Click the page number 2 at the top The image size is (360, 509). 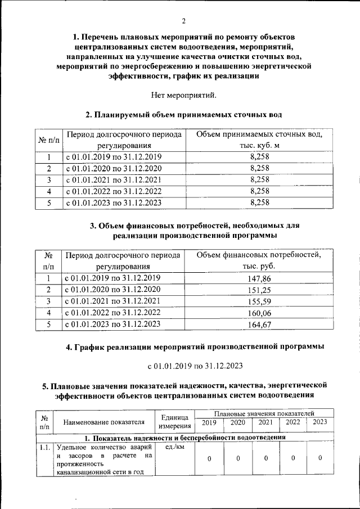tap(183, 21)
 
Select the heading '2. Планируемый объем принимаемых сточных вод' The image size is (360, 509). tap(183, 115)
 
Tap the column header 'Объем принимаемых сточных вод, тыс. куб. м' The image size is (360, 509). tap(259, 140)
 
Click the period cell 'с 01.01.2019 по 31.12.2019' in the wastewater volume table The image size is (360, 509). tap(114, 157)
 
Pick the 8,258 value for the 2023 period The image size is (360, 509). tap(259, 202)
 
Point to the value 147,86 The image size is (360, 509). tap(259, 278)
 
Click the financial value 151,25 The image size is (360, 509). tap(259, 290)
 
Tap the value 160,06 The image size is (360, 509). tap(259, 313)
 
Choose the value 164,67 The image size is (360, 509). tap(259, 324)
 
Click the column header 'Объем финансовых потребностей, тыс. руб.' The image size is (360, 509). tap(259, 261)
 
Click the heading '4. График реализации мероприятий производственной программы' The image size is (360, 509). tap(195, 346)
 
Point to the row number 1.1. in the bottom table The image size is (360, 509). tap(46, 448)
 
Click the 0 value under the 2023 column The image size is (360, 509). tap(319, 458)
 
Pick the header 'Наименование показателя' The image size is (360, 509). tap(103, 422)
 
